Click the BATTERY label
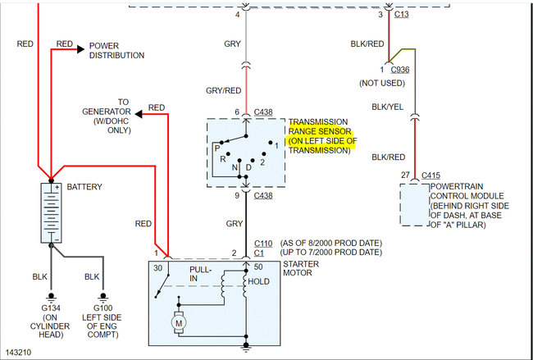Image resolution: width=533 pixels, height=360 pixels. pyautogui.click(x=84, y=187)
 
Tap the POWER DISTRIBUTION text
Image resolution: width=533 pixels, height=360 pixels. pyautogui.click(x=116, y=51)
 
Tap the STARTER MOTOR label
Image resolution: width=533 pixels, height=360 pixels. pyautogui.click(x=301, y=269)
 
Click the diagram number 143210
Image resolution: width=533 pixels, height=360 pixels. pyautogui.click(x=20, y=351)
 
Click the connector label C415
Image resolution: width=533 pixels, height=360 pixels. pyautogui.click(x=430, y=175)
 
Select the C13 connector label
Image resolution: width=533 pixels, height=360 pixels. pyautogui.click(x=399, y=15)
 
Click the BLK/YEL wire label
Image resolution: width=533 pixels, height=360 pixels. pyautogui.click(x=389, y=107)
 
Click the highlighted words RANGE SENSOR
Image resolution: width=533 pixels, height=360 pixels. pyautogui.click(x=320, y=130)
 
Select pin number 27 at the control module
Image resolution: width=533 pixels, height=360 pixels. pyautogui.click(x=406, y=175)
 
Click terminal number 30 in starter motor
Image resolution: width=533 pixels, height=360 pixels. pyautogui.click(x=157, y=268)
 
